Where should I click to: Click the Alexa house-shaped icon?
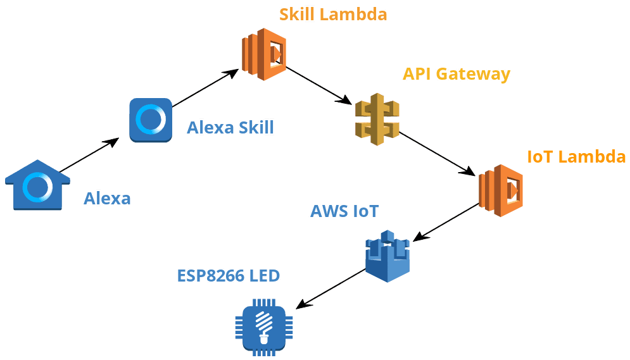(x=37, y=185)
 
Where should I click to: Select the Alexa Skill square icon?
(x=151, y=119)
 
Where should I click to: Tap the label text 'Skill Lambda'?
(x=332, y=14)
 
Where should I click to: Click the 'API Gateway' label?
(x=456, y=74)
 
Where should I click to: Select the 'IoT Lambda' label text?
(x=576, y=157)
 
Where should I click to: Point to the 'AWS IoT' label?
(x=344, y=211)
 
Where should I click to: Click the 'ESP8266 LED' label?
(x=228, y=275)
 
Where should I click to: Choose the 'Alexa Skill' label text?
(x=230, y=128)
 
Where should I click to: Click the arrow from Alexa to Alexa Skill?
(x=89, y=155)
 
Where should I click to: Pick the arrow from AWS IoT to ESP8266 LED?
(x=331, y=289)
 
